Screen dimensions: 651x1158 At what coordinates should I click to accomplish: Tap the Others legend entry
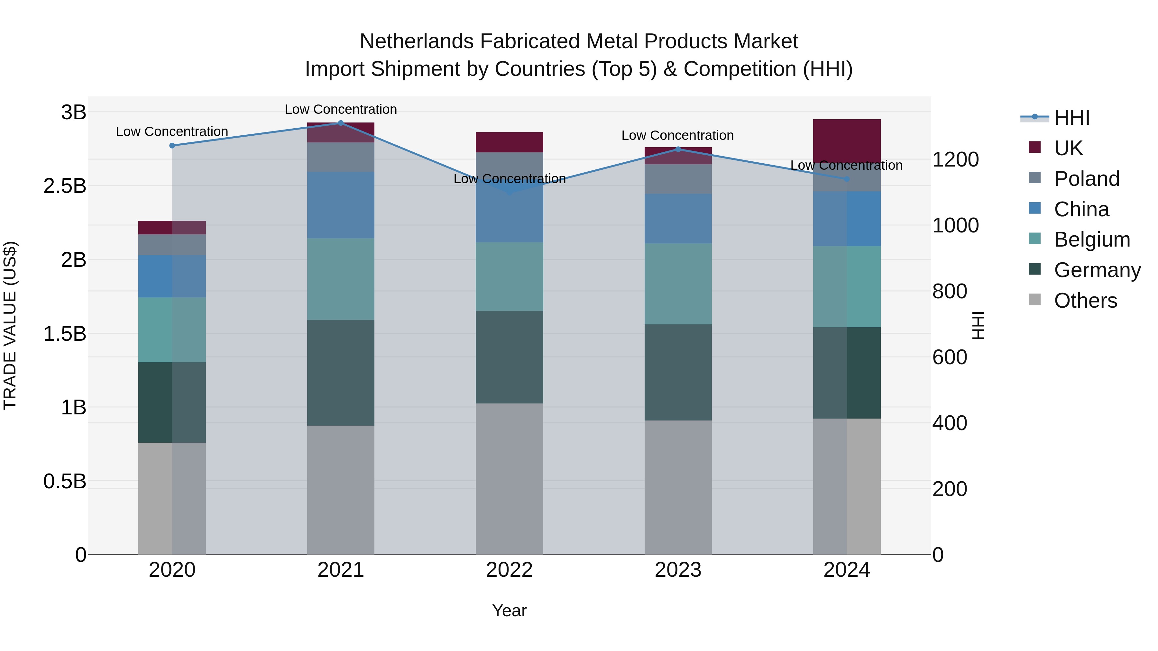pos(1085,301)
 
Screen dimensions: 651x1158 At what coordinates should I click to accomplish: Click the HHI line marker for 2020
pos(172,146)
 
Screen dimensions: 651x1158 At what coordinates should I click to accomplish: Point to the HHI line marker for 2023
pos(678,149)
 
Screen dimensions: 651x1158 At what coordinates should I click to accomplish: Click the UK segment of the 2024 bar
pos(847,140)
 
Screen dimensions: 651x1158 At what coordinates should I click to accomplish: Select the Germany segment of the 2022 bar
pos(509,357)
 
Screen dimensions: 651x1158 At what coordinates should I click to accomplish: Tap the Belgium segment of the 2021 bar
pos(341,279)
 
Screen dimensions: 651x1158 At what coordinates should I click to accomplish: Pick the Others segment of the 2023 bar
pos(678,487)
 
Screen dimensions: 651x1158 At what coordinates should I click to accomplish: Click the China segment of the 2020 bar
pos(172,276)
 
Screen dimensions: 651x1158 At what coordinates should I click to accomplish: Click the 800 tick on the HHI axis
pos(950,292)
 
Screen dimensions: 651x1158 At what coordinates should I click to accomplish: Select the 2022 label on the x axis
pos(509,570)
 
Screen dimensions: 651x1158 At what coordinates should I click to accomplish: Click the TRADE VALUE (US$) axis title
pos(10,325)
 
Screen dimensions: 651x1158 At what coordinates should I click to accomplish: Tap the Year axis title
pos(509,610)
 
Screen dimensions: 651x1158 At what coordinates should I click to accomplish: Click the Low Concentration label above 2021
pos(341,109)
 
